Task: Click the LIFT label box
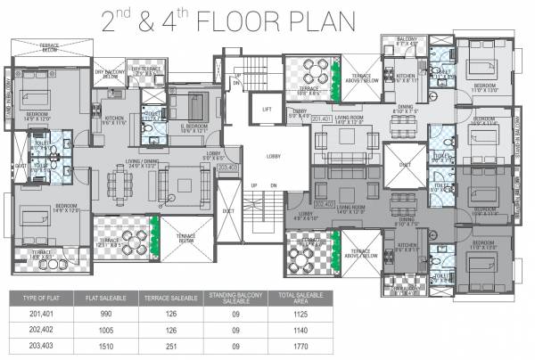pyautogui.click(x=266, y=109)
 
